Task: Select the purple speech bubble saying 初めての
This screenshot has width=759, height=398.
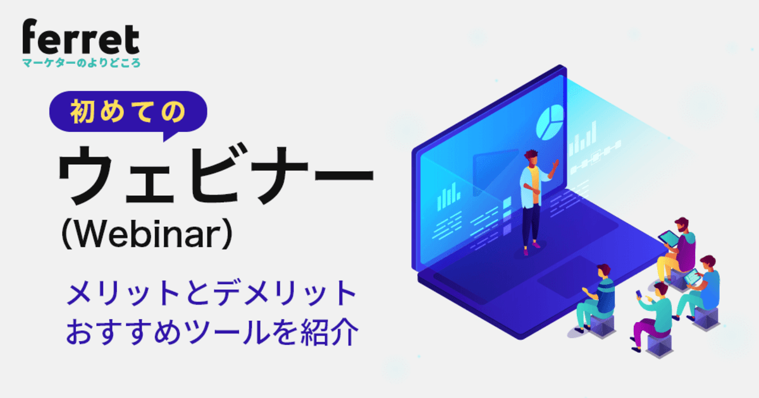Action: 128,111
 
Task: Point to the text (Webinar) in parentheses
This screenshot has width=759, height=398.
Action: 147,236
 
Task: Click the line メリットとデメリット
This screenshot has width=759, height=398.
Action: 213,295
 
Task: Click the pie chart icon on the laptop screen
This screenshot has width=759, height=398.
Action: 550,121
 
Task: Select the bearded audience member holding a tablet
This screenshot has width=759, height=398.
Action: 680,250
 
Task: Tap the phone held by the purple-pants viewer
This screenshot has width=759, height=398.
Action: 639,295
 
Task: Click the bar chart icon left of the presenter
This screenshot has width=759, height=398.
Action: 448,195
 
